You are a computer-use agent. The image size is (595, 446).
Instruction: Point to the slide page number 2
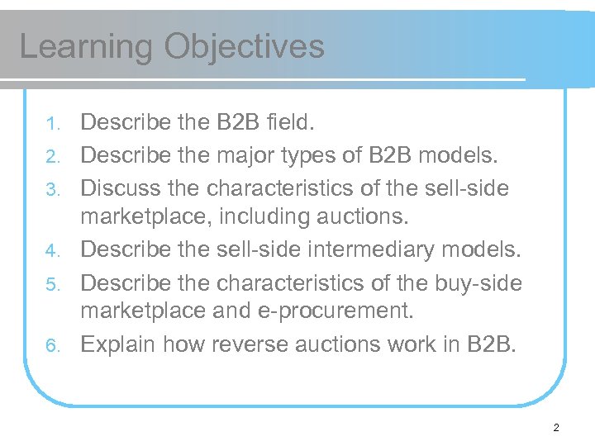tap(556, 428)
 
